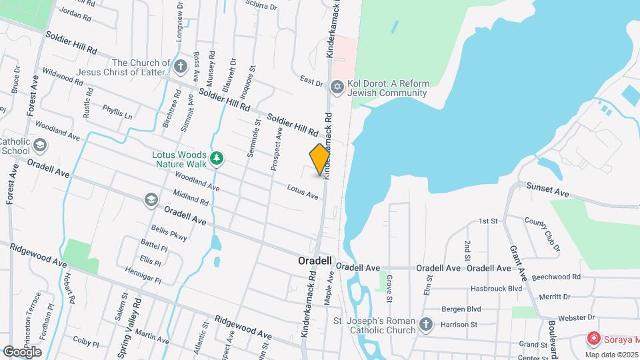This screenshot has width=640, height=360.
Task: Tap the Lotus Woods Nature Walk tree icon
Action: [216, 158]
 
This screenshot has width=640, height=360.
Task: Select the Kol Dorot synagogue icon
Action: [337, 87]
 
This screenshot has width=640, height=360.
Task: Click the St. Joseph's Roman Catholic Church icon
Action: [426, 325]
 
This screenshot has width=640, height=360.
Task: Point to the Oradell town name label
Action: [315, 262]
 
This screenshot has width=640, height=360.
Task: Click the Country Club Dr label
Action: [542, 234]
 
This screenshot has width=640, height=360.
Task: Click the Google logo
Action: [21, 351]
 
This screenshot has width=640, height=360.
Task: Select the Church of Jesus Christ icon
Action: [180, 67]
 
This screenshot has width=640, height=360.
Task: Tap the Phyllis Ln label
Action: [117, 111]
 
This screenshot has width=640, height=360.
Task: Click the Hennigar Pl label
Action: [143, 276]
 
